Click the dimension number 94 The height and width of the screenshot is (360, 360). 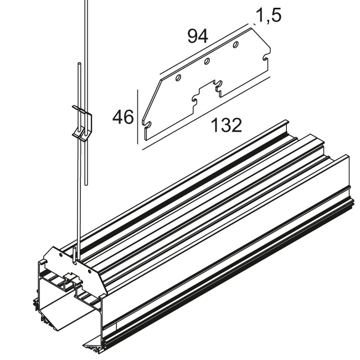[197, 37]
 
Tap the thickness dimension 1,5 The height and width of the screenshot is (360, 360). [268, 15]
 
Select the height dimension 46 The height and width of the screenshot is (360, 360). [122, 117]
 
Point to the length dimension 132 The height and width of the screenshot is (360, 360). [227, 126]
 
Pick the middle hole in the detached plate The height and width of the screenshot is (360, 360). [207, 62]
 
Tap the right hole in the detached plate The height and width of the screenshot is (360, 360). [235, 44]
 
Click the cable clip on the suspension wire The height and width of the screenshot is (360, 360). [83, 124]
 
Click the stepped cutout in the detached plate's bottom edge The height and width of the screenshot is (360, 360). [205, 92]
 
